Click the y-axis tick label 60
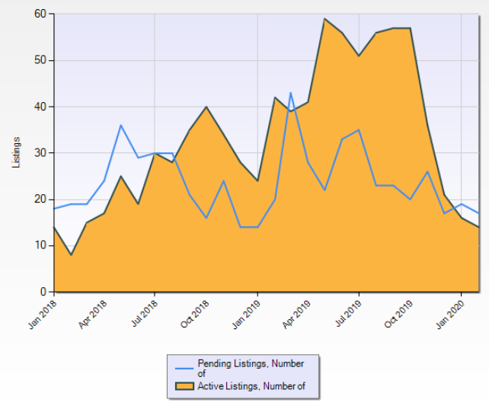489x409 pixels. [40, 14]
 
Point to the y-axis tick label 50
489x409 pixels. [40, 60]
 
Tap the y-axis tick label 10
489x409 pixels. [40, 245]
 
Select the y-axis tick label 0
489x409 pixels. [43, 292]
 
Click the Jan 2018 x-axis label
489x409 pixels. [43, 314]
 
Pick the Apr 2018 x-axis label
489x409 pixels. [93, 314]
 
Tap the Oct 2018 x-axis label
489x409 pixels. [194, 314]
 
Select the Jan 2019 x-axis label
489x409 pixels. [246, 314]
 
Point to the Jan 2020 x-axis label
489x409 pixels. [450, 314]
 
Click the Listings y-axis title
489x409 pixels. [16, 152]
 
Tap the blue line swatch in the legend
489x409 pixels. [184, 369]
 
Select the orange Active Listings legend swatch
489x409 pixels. [184, 386]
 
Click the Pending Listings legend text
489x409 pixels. [251, 368]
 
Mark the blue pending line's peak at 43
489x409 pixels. [291, 93]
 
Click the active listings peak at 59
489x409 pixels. [324, 19]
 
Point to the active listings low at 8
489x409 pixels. [71, 254]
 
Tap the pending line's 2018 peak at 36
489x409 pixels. [120, 125]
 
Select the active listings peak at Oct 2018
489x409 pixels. [206, 107]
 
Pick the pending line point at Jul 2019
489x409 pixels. [359, 129]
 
